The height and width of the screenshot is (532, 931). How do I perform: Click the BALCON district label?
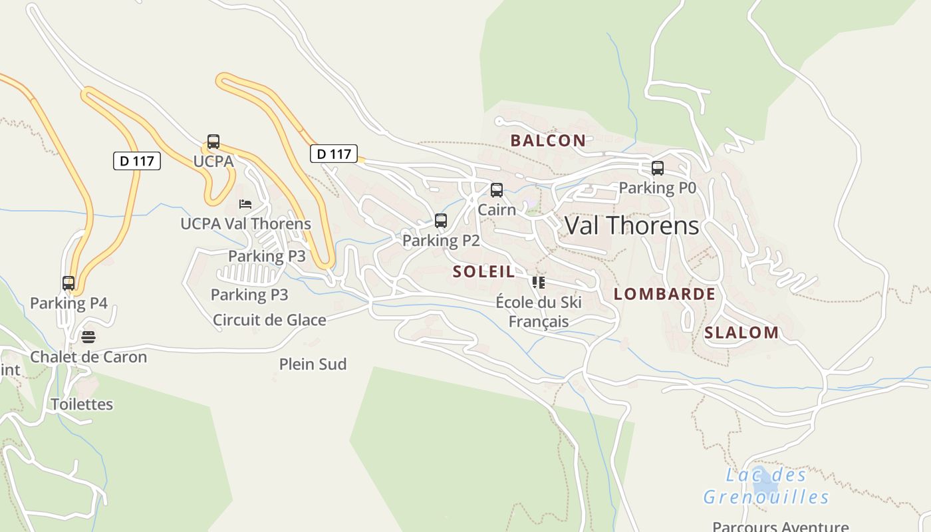click(548, 140)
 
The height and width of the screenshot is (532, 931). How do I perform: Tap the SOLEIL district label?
click(483, 271)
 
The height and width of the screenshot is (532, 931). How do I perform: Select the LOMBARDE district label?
click(664, 294)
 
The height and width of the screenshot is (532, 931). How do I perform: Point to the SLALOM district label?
click(741, 332)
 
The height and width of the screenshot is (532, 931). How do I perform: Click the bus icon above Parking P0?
click(658, 168)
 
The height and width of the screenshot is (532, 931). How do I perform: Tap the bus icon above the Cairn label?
click(497, 190)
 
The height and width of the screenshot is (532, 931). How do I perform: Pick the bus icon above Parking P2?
click(440, 221)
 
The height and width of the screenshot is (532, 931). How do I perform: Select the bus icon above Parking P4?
click(68, 283)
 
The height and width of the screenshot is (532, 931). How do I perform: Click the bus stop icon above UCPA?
click(213, 142)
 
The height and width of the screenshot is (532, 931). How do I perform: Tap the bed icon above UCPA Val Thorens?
click(245, 203)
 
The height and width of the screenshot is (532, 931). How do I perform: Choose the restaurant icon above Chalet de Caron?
click(88, 337)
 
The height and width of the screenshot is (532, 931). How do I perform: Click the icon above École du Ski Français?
click(539, 283)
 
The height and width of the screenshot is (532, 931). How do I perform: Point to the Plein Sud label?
click(313, 364)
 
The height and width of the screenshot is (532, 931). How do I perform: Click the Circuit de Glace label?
click(269, 320)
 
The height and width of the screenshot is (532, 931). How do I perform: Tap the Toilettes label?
click(82, 404)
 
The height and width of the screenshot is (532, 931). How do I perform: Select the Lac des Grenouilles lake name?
click(766, 486)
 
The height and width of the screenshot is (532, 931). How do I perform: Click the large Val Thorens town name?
click(632, 226)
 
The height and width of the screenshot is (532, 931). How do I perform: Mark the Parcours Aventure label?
click(781, 526)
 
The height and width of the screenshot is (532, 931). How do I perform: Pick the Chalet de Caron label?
click(88, 356)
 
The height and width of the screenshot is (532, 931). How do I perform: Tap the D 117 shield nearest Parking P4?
click(137, 161)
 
